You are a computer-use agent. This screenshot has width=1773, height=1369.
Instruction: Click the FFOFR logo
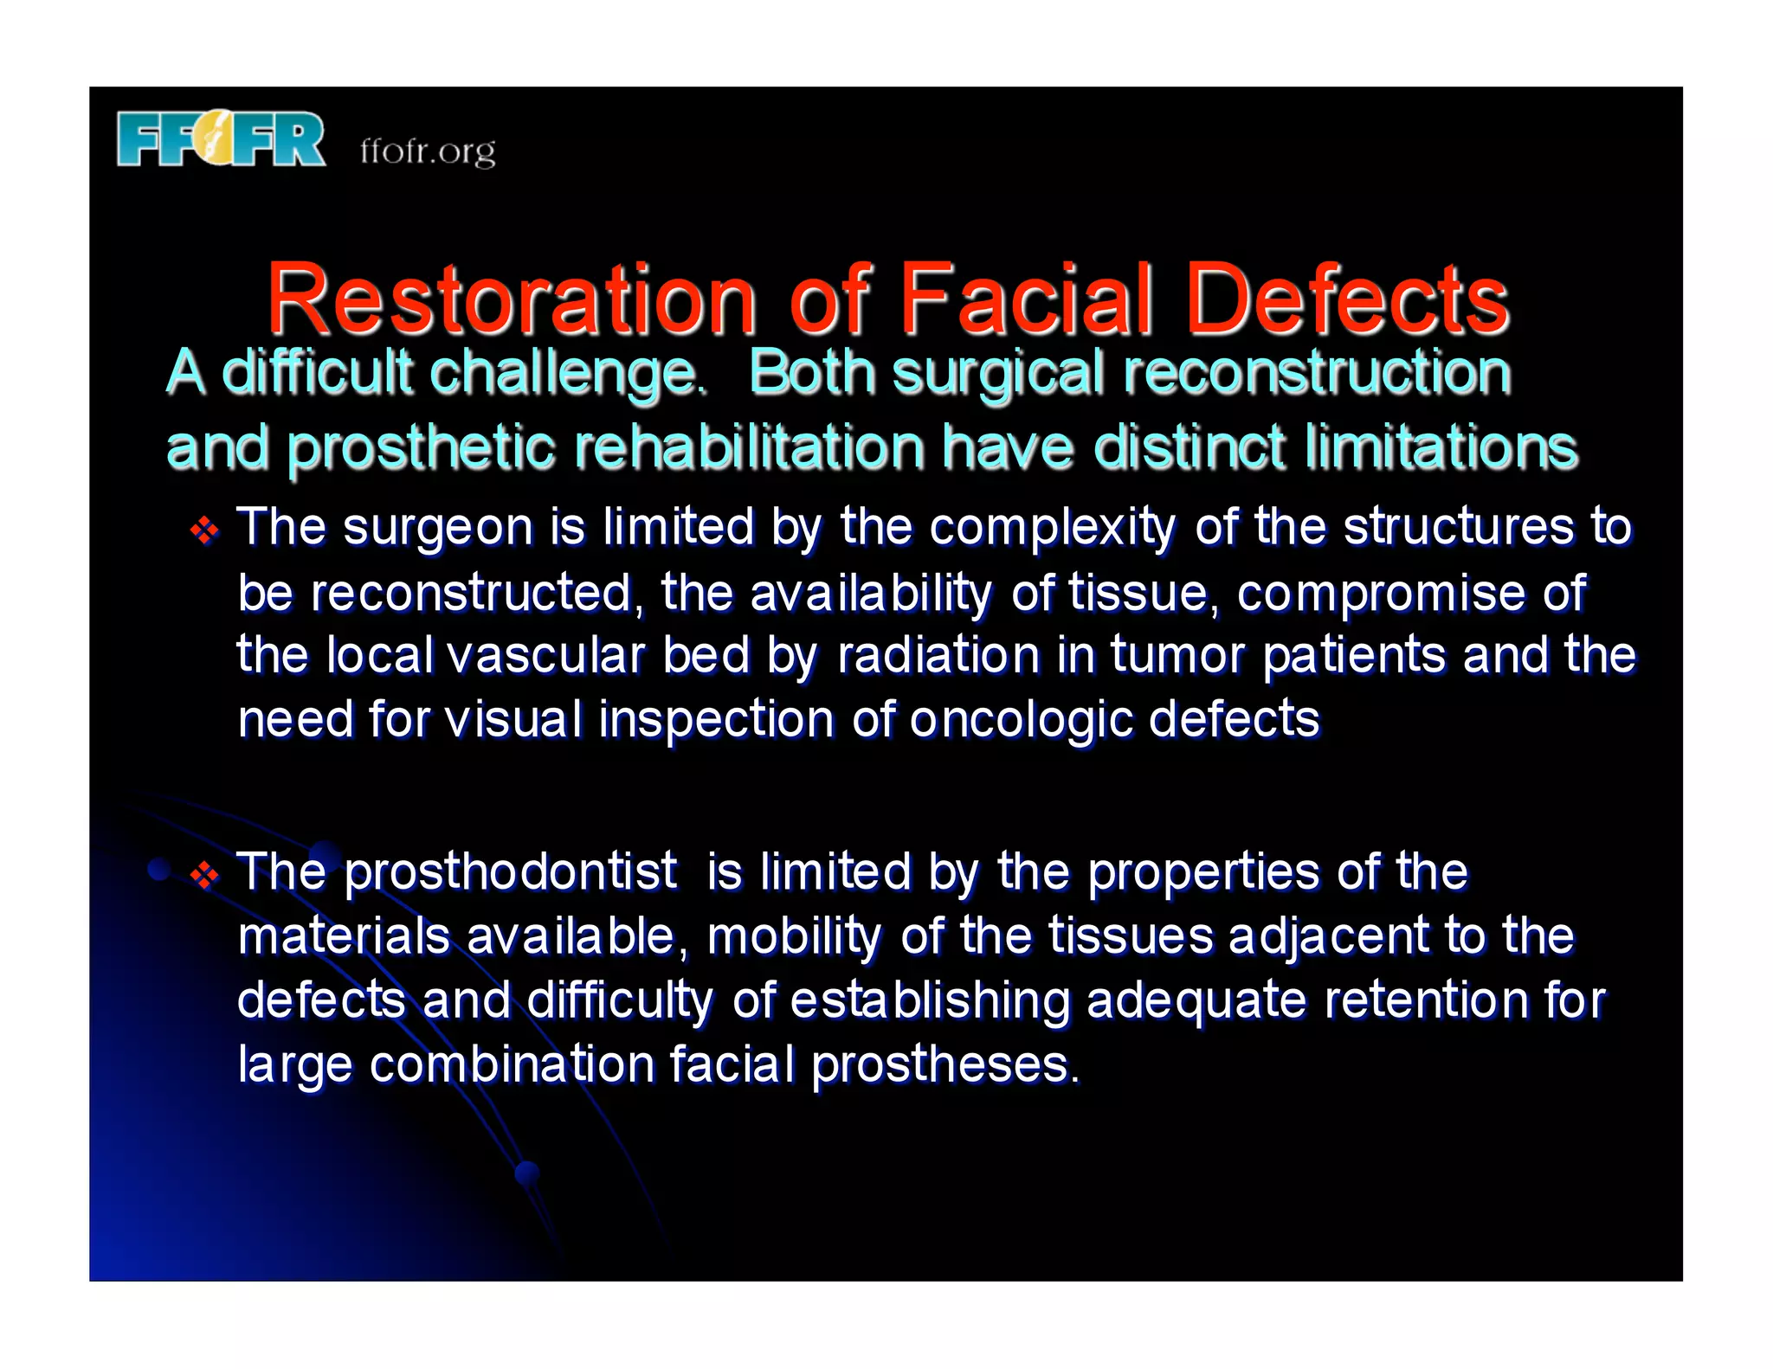221,138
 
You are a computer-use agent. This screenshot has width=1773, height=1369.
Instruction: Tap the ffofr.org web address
428,151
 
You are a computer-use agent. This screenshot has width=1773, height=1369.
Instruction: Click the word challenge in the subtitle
567,373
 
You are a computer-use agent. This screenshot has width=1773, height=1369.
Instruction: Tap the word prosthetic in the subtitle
421,448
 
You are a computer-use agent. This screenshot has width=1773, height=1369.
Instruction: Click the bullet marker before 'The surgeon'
204,530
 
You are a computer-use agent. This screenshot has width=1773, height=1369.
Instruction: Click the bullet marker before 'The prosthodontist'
204,875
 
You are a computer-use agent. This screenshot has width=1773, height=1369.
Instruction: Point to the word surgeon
438,528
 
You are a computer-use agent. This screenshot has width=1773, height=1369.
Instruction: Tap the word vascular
546,655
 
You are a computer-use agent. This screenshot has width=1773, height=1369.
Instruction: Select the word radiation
938,655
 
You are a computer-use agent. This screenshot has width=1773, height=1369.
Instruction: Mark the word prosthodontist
511,871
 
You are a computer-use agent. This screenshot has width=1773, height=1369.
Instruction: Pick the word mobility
794,936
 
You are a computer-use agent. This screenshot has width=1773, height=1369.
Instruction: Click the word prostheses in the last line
945,1064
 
